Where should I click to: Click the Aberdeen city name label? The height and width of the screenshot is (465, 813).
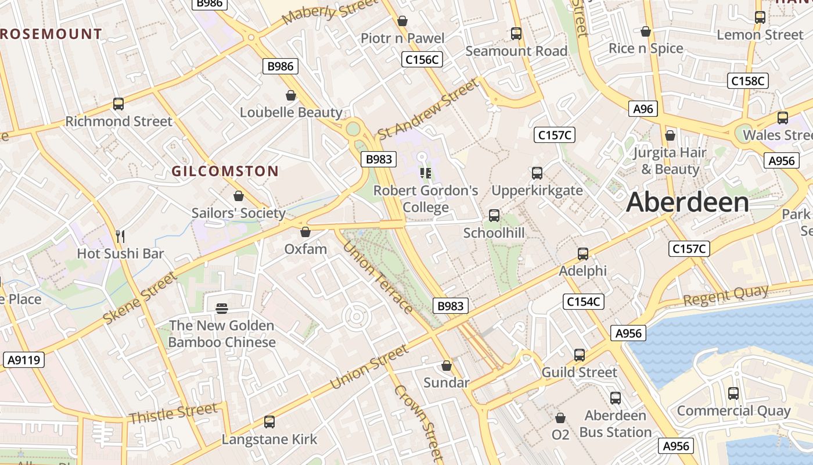(x=688, y=202)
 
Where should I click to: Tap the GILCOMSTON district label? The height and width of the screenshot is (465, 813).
(x=225, y=171)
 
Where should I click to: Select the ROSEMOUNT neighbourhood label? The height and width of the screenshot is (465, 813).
(x=51, y=34)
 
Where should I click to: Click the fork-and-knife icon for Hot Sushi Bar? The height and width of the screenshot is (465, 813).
(x=120, y=236)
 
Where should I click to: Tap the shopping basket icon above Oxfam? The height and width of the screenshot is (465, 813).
(x=305, y=232)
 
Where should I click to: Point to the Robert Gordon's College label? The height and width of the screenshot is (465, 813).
(x=426, y=199)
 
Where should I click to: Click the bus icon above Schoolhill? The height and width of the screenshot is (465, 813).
(x=494, y=216)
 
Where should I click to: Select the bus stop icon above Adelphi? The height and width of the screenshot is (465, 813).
(x=583, y=254)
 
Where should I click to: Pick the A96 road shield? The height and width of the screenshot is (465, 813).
(x=643, y=109)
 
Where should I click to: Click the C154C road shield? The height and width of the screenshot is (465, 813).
(x=584, y=302)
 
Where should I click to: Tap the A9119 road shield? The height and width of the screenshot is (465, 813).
(x=24, y=360)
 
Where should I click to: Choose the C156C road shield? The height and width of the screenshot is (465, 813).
(x=422, y=59)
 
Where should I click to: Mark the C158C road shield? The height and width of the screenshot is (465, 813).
(x=748, y=81)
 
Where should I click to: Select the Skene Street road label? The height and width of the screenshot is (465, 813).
(x=141, y=298)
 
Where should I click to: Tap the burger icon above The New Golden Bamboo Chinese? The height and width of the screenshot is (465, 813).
(x=222, y=307)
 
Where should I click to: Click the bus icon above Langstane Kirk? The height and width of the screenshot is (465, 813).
(x=269, y=422)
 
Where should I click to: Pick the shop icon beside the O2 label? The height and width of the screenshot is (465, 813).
(x=560, y=418)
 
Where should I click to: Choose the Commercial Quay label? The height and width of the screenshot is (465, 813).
(x=733, y=411)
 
